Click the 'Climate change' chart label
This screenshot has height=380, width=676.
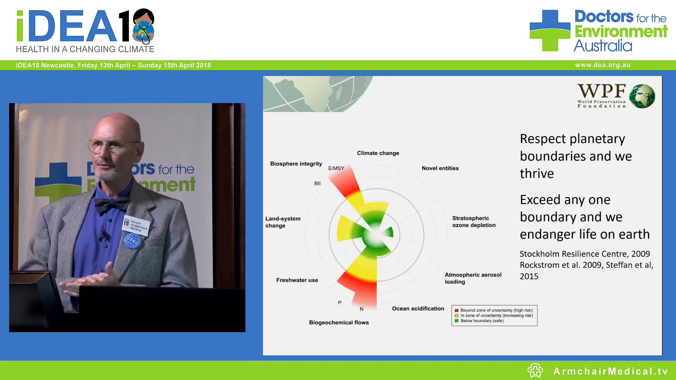(378, 153)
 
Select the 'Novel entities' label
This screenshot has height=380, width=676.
(440, 168)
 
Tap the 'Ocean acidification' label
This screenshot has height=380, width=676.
(418, 309)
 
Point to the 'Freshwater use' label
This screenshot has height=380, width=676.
(297, 280)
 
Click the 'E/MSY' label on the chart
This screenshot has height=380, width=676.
(336, 168)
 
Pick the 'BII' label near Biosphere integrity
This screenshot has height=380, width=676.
(317, 183)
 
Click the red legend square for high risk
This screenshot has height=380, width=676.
(456, 310)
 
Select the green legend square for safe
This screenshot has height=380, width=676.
(456, 321)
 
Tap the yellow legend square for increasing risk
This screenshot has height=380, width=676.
(456, 316)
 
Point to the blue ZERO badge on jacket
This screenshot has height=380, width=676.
(132, 241)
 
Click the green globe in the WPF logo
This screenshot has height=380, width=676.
(642, 96)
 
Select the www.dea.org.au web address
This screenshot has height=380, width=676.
(602, 65)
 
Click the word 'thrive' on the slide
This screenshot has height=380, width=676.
(537, 173)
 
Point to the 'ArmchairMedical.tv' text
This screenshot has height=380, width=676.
(610, 371)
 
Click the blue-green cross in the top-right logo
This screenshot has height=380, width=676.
(550, 31)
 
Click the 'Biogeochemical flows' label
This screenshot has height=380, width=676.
(339, 323)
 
